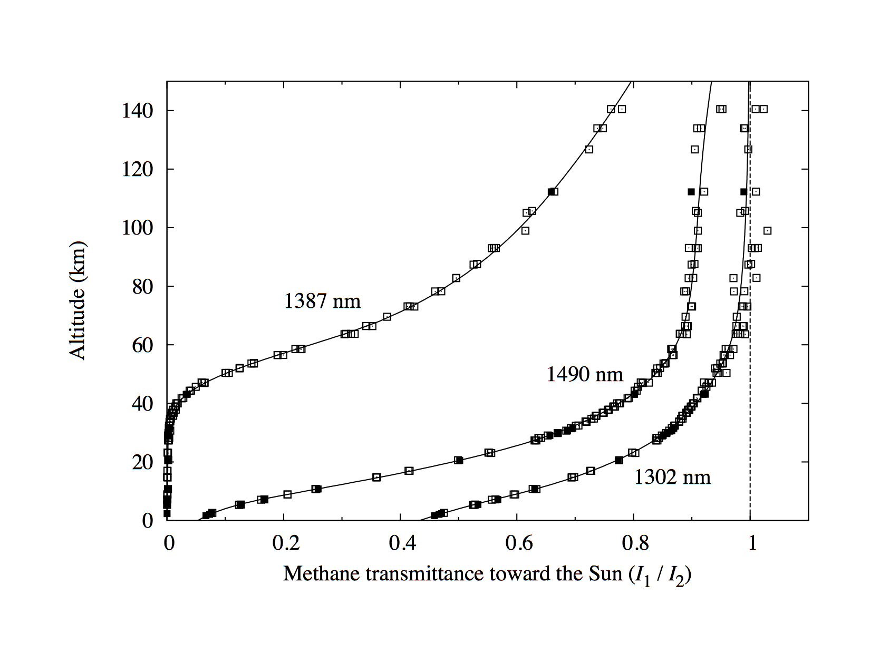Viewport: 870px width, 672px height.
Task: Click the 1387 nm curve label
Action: pyautogui.click(x=322, y=301)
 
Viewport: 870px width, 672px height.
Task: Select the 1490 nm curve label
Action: pyautogui.click(x=584, y=374)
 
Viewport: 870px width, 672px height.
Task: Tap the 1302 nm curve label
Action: pyautogui.click(x=672, y=477)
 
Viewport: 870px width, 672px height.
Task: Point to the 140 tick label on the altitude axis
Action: pyautogui.click(x=138, y=111)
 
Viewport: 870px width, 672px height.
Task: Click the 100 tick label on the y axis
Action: pyautogui.click(x=138, y=228)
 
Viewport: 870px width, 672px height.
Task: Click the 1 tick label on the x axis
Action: pyautogui.click(x=752, y=543)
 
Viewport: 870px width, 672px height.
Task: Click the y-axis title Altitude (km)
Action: pyautogui.click(x=78, y=300)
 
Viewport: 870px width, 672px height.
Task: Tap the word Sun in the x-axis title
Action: pyautogui.click(x=606, y=573)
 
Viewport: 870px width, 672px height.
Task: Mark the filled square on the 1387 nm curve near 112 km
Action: pyautogui.click(x=551, y=192)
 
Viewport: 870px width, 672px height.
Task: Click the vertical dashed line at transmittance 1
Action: pyautogui.click(x=750, y=422)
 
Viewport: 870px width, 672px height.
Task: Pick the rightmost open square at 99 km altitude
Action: pyautogui.click(x=767, y=230)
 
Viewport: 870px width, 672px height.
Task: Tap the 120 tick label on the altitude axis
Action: pyautogui.click(x=138, y=169)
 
